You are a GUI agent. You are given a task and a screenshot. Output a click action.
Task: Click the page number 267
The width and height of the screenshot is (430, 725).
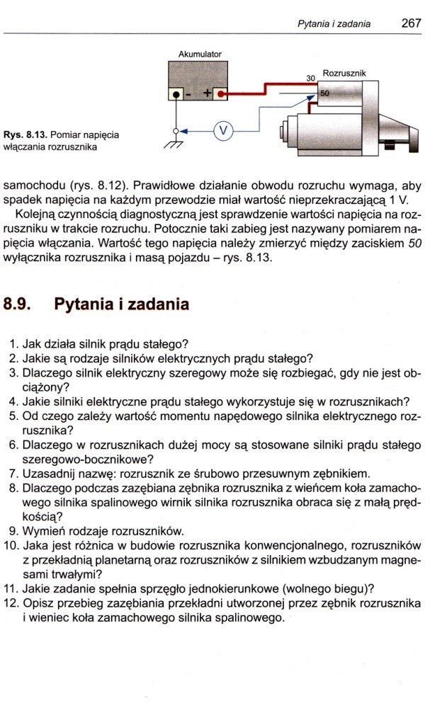coord(411,23)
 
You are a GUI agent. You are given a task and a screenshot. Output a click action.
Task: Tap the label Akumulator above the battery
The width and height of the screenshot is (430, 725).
coord(199,54)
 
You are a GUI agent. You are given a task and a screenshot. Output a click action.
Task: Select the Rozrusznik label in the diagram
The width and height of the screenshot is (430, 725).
coord(344,73)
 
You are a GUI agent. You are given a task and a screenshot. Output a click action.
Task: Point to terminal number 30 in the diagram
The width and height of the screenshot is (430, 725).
coord(310,78)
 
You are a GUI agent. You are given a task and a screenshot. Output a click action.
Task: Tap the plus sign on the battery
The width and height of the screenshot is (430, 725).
coord(208,93)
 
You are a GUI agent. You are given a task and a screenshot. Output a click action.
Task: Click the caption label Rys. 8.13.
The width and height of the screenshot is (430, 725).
coord(23,134)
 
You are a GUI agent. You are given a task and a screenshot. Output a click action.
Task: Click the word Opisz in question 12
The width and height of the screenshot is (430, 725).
coord(38,604)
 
